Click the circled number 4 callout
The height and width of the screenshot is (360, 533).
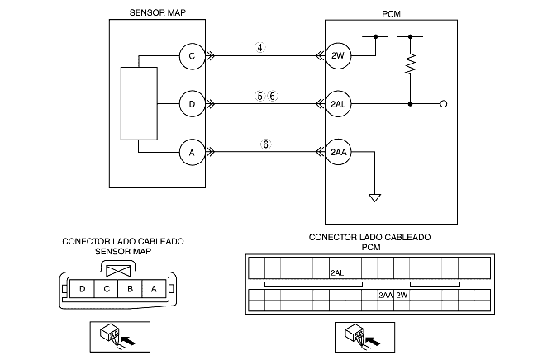point(260,48)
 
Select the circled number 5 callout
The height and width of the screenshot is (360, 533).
point(259,97)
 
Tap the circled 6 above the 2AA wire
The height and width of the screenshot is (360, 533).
point(266,144)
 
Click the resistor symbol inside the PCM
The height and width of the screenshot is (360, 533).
point(410,64)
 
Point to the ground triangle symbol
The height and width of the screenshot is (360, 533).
point(374,197)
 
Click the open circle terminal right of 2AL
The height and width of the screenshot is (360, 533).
point(443,104)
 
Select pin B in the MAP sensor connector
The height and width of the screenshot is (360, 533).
point(130,289)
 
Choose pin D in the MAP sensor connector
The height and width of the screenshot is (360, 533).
point(82,289)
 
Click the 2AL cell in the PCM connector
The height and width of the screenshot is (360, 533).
point(337,273)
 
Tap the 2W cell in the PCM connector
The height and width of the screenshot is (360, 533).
point(402,295)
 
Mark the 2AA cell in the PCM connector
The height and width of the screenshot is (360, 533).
point(386,295)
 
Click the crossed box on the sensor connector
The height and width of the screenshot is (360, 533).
point(118,271)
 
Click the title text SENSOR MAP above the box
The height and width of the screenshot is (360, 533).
point(157,13)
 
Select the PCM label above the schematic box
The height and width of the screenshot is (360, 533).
point(391,14)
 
